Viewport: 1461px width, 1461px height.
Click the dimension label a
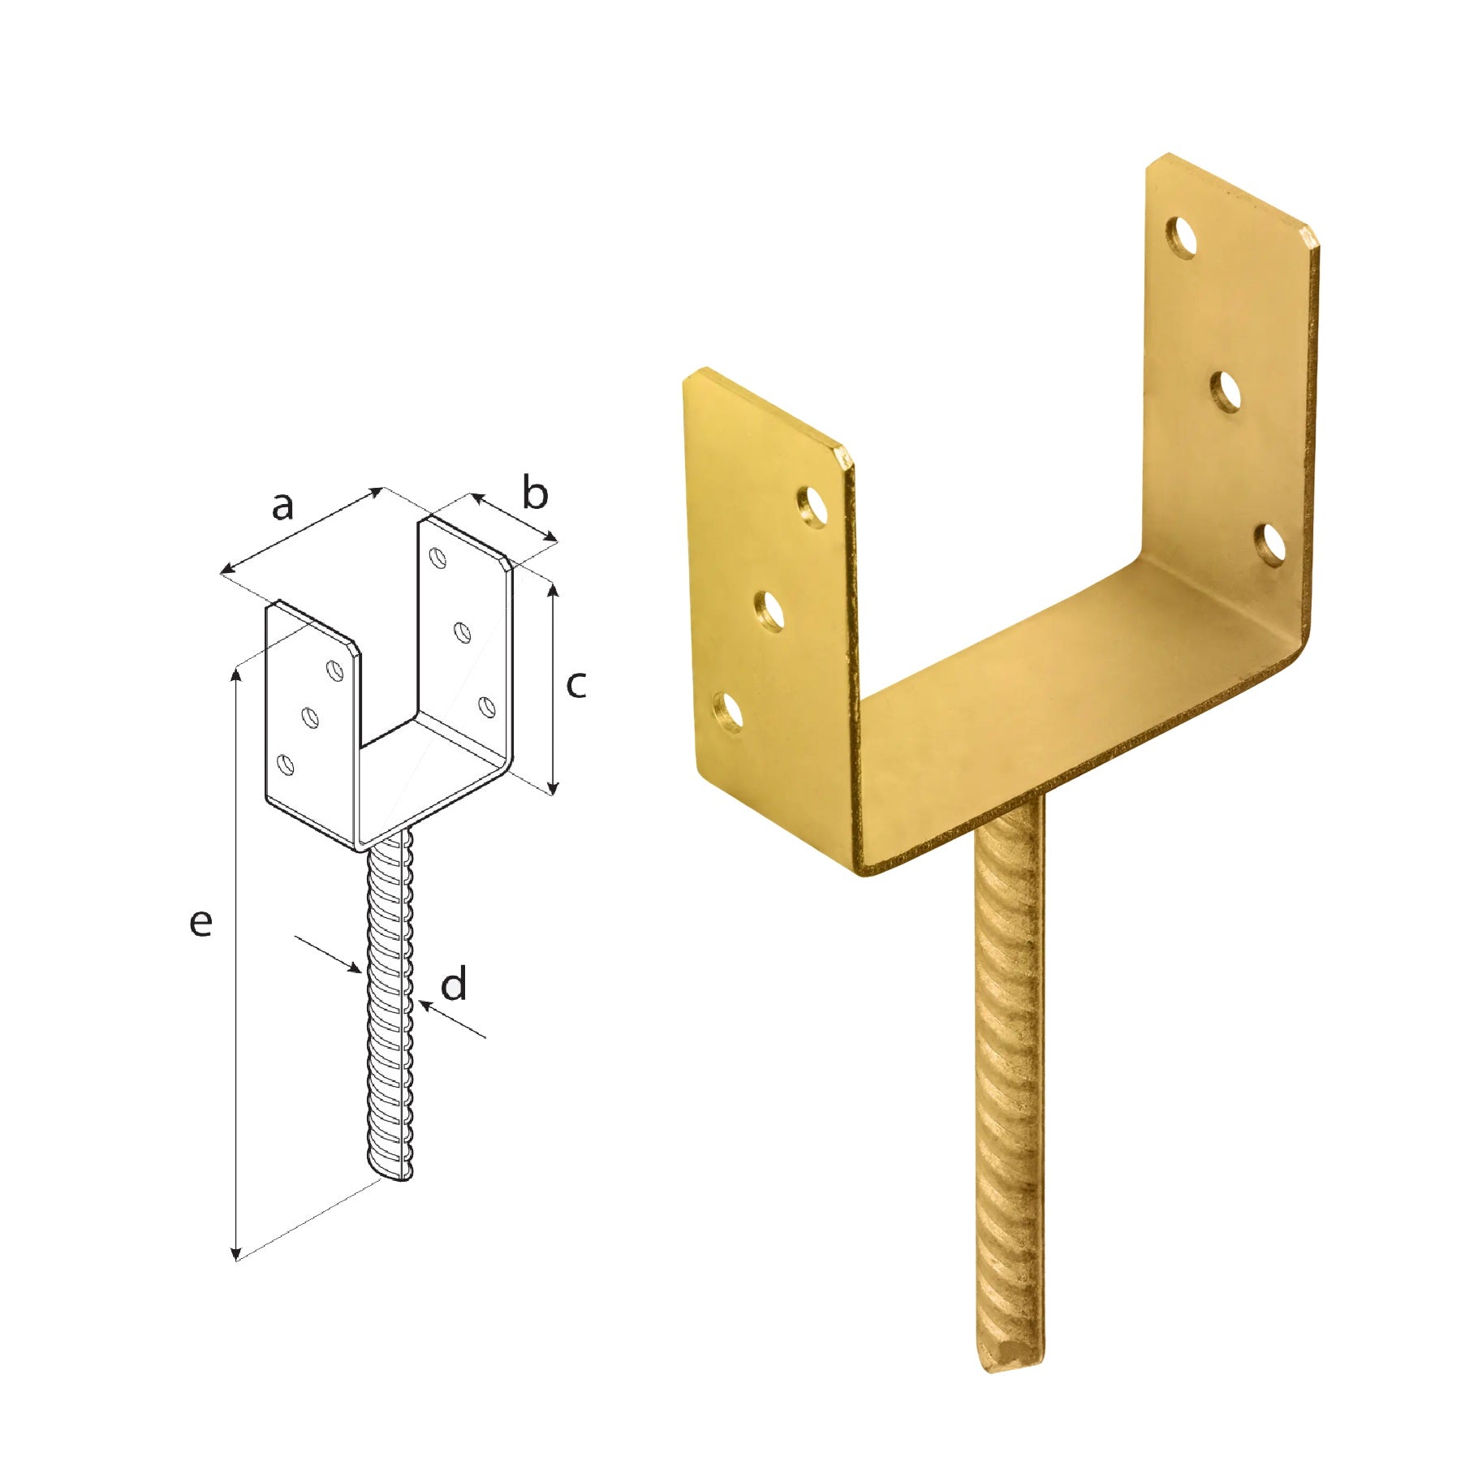pyautogui.click(x=282, y=507)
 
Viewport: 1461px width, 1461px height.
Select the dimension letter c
pyautogui.click(x=575, y=686)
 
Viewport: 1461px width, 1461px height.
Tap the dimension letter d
pyautogui.click(x=454, y=984)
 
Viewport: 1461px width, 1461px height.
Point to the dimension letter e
pyautogui.click(x=200, y=923)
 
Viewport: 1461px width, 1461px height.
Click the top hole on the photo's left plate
pyautogui.click(x=812, y=507)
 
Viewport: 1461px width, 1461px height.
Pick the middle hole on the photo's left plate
pyautogui.click(x=770, y=610)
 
